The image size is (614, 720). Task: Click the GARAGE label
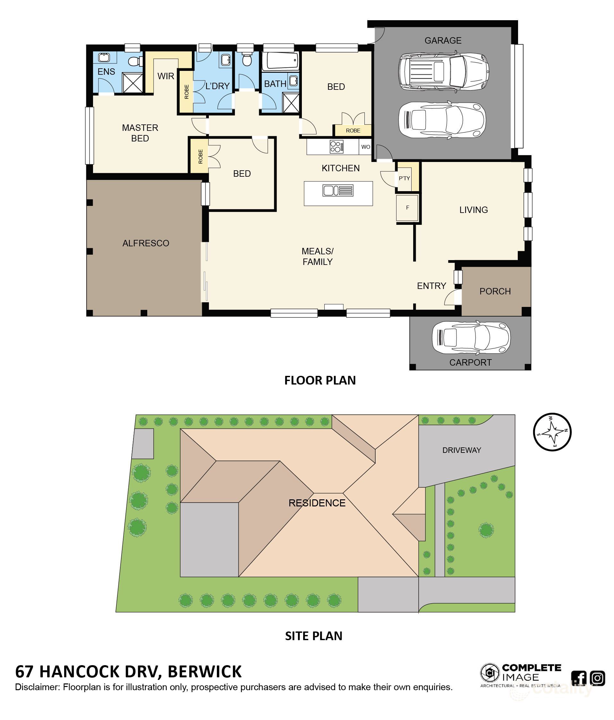click(x=443, y=41)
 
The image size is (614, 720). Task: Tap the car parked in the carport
click(x=471, y=338)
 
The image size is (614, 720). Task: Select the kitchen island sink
click(x=338, y=191)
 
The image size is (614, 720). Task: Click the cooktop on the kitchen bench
click(x=337, y=147)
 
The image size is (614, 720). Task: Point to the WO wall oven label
click(x=366, y=147)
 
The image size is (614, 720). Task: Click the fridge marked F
click(x=407, y=208)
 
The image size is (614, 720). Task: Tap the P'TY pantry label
click(x=404, y=179)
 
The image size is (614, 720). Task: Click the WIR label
click(x=166, y=76)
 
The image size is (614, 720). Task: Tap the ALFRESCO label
click(x=146, y=243)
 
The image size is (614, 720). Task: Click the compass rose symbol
click(x=552, y=432)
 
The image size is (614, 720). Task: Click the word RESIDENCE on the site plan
click(x=317, y=503)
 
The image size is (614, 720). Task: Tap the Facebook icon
click(x=579, y=678)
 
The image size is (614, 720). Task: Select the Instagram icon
click(x=598, y=678)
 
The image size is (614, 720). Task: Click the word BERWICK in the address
click(x=205, y=672)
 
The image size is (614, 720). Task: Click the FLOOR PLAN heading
click(x=320, y=380)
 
